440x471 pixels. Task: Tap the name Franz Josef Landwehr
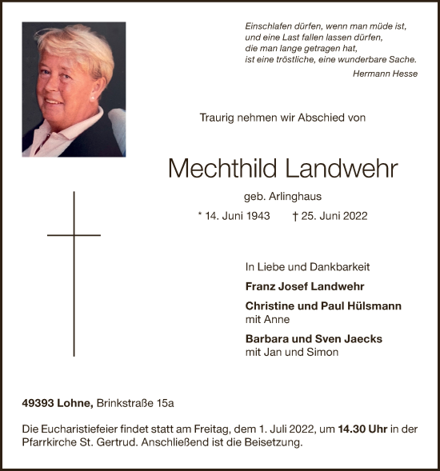(x=305, y=286)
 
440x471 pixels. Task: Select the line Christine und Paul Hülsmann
(x=323, y=306)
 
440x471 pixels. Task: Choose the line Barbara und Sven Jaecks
(x=314, y=338)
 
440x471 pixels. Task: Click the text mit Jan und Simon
(x=292, y=352)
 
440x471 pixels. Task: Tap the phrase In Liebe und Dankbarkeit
(x=307, y=267)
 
